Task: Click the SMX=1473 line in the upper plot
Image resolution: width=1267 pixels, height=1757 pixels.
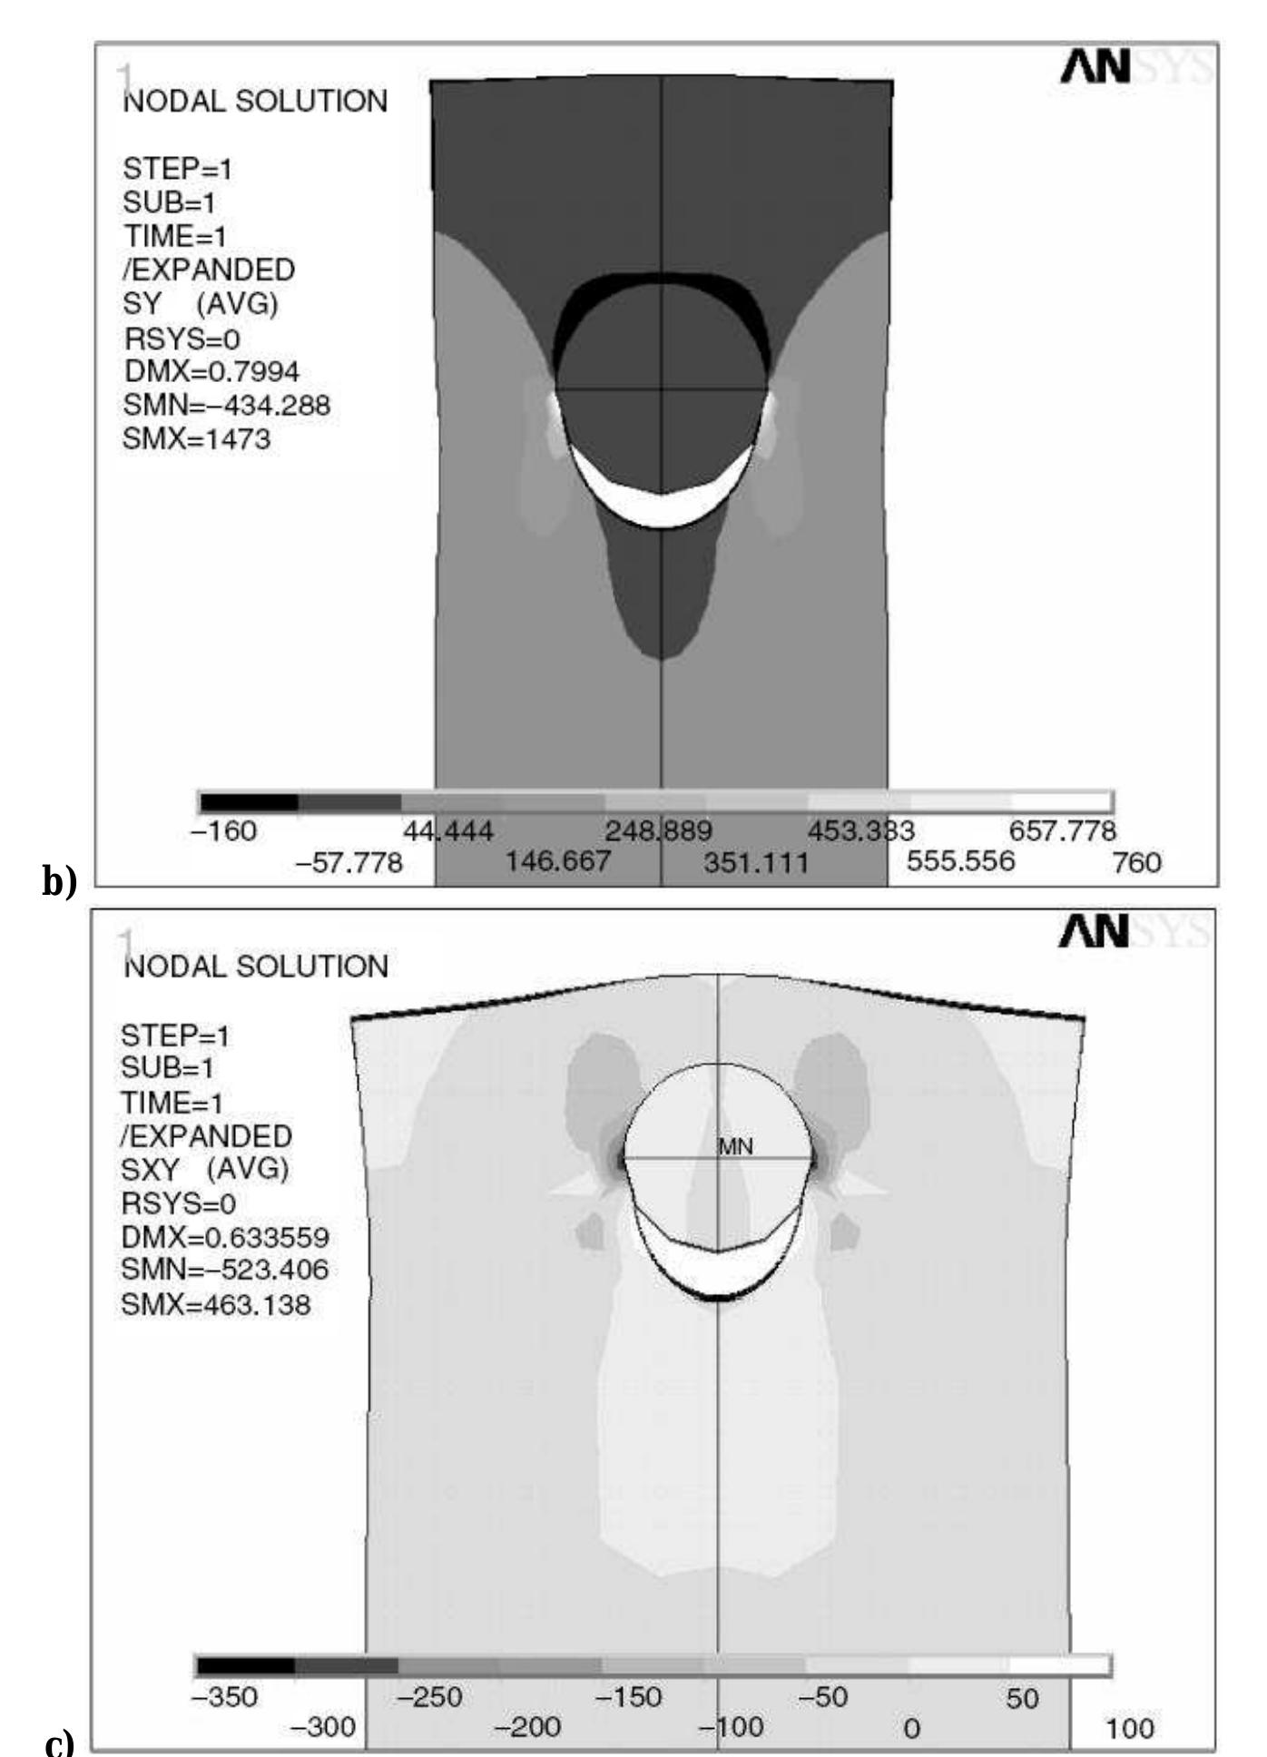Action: click(196, 440)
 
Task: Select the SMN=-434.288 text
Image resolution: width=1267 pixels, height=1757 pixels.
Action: click(226, 406)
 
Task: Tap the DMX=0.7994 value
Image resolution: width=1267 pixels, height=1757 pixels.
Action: click(211, 372)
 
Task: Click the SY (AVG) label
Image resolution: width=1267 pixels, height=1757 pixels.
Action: click(201, 304)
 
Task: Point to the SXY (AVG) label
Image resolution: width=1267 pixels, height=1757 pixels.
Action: click(205, 1169)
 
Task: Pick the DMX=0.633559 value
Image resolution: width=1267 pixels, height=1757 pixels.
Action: click(224, 1237)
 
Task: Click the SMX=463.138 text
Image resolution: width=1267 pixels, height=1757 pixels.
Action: click(216, 1305)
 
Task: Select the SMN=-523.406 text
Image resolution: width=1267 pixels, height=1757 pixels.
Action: click(224, 1270)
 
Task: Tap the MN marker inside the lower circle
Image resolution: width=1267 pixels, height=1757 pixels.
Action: click(735, 1147)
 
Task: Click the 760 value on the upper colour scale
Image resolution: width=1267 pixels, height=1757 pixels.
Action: click(1136, 862)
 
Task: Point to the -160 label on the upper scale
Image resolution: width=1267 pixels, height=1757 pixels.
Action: click(223, 831)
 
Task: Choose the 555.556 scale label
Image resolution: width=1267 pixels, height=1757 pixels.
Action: click(960, 860)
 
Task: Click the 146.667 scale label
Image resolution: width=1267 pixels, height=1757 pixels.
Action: click(557, 860)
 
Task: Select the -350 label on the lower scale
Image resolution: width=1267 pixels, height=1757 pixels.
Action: click(224, 1697)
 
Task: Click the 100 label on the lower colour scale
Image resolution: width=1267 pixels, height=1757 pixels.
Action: click(1130, 1729)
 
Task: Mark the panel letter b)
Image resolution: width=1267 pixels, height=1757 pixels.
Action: click(59, 881)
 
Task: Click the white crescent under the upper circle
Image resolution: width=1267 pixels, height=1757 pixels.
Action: click(663, 509)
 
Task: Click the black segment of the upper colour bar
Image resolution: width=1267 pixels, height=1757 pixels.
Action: click(250, 802)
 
